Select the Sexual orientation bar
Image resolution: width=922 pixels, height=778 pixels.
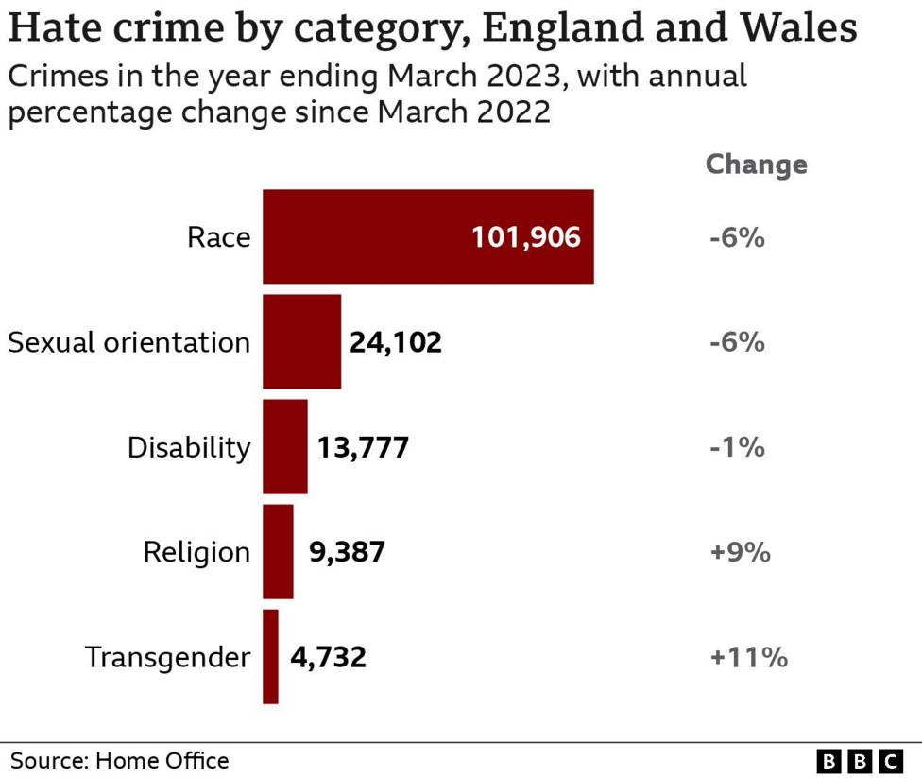click(x=301, y=341)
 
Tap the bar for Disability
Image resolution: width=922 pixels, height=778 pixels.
click(x=284, y=446)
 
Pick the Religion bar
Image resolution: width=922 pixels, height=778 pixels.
click(x=278, y=551)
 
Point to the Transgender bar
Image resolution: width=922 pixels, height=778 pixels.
click(x=270, y=656)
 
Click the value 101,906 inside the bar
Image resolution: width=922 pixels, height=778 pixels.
click(x=525, y=237)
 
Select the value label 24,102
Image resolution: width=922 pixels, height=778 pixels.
click(x=395, y=342)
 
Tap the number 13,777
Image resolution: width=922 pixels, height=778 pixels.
click(x=363, y=447)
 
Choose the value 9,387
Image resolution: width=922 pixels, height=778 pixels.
click(x=347, y=552)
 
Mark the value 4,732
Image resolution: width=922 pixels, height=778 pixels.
click(x=328, y=657)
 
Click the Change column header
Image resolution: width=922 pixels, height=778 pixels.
click(x=756, y=164)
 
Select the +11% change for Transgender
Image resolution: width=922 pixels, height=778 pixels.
click(x=748, y=657)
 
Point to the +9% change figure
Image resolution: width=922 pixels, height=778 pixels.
click(x=740, y=552)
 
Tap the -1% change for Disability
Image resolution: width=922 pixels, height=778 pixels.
click(x=736, y=447)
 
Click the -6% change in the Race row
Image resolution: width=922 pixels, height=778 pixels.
click(x=736, y=237)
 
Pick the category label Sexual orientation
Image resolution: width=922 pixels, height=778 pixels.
click(x=129, y=342)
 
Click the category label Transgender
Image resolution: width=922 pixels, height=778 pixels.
click(x=168, y=657)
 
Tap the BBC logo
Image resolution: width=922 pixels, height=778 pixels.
click(x=860, y=760)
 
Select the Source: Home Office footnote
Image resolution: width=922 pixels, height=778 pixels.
click(x=120, y=760)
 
